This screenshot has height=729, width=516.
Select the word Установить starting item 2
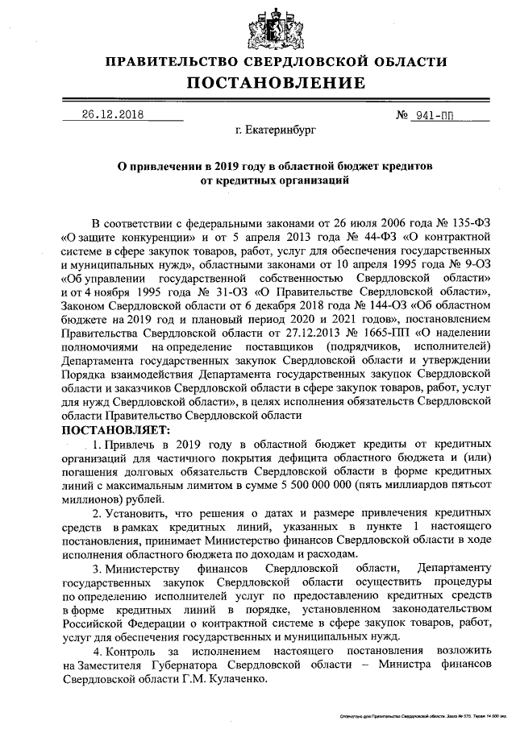(x=136, y=512)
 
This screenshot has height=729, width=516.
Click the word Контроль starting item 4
(x=131, y=650)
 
